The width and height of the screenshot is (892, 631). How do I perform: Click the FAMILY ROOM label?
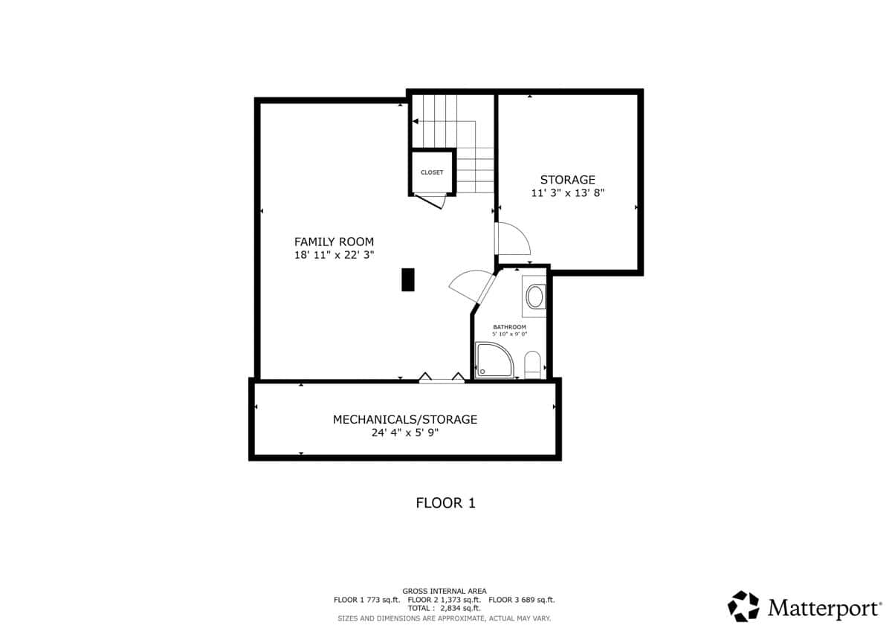click(334, 242)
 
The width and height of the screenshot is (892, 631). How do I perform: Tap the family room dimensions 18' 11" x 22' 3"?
click(334, 255)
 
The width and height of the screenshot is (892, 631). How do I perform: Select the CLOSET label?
click(432, 172)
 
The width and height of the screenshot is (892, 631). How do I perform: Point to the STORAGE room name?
click(567, 180)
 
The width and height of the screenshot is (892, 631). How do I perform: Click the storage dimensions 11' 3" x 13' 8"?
click(568, 193)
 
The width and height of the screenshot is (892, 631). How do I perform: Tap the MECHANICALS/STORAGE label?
click(405, 420)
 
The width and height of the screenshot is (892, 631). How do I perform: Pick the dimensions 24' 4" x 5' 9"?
click(405, 433)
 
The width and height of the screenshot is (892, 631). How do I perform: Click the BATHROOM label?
click(509, 327)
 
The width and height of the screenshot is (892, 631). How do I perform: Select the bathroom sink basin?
click(534, 297)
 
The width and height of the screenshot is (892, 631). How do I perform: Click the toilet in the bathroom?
click(532, 364)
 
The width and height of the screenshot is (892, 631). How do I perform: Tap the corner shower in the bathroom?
click(494, 360)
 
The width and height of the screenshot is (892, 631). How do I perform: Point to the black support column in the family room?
click(408, 280)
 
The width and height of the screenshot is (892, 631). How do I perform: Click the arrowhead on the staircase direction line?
click(416, 121)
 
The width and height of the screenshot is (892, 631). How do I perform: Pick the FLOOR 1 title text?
click(445, 503)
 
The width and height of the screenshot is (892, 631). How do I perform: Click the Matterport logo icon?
click(743, 606)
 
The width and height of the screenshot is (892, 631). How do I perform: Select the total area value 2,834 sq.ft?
click(460, 608)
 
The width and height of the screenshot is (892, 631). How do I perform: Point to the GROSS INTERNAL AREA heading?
click(445, 591)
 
